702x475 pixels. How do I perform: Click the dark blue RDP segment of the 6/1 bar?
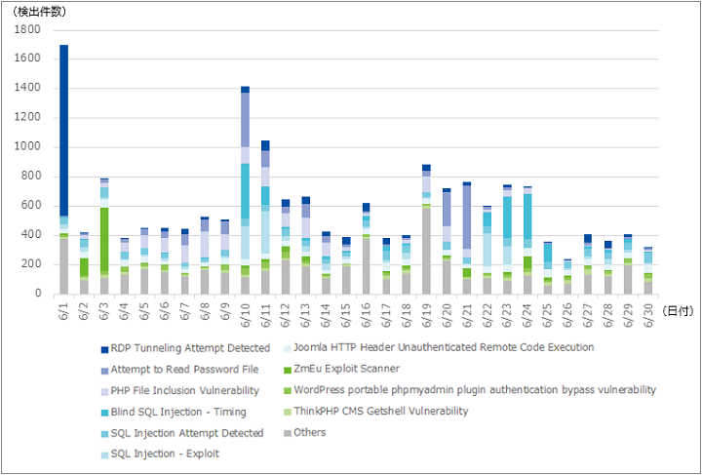[64, 131]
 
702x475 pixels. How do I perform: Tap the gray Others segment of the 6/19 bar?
[426, 251]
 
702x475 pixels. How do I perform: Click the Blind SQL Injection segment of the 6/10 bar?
[245, 191]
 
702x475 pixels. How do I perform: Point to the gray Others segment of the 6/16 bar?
[367, 266]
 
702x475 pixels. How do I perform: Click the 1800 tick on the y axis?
[27, 29]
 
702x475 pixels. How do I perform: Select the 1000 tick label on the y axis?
[27, 147]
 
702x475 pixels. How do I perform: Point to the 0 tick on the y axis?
[38, 294]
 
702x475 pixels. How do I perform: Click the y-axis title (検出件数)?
[40, 12]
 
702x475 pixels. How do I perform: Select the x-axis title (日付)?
[678, 311]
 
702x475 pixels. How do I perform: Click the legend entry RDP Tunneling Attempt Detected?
[185, 348]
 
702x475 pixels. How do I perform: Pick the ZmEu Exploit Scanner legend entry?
[341, 369]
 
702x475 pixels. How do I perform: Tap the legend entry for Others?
[305, 432]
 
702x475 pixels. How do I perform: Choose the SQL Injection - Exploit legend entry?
[160, 454]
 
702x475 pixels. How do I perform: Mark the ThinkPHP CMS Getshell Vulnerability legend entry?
[376, 411]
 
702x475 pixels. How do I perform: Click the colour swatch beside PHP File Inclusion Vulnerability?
[104, 392]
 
